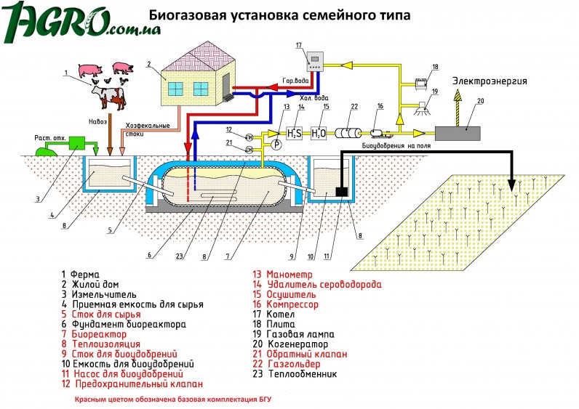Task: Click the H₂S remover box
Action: (x=295, y=133)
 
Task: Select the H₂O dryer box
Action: (x=319, y=133)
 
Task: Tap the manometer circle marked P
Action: (x=276, y=145)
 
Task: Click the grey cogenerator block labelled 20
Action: (x=458, y=133)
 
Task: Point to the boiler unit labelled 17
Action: (x=315, y=62)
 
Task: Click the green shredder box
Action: (x=77, y=143)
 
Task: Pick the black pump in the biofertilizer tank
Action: (x=342, y=192)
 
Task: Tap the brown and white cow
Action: (x=109, y=97)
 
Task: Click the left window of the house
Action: (x=175, y=89)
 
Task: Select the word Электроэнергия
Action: (x=490, y=81)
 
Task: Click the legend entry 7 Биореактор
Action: (x=94, y=334)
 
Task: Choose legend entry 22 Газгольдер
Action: (x=287, y=364)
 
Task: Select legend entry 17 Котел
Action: (x=273, y=315)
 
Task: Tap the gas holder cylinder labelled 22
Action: (x=348, y=133)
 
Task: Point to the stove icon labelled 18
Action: (x=421, y=83)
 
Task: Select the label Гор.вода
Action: (x=295, y=81)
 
